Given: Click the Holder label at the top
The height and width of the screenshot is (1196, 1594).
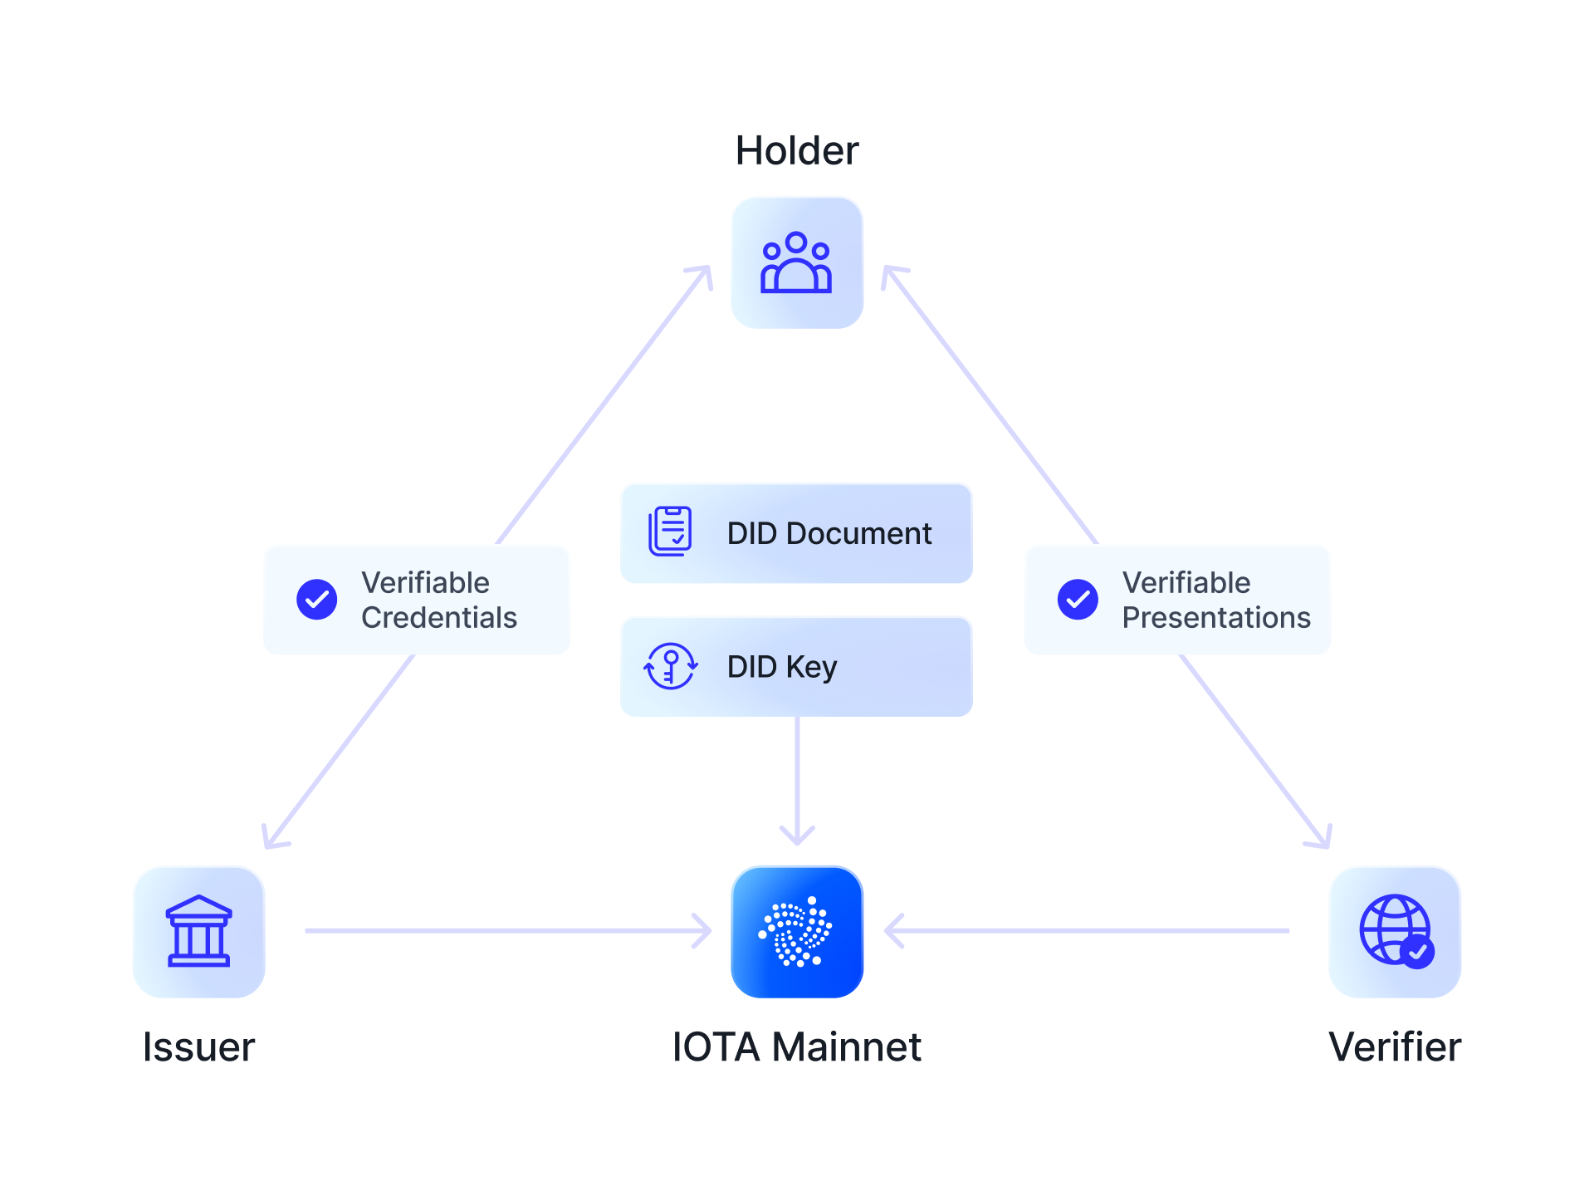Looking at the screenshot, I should [797, 151].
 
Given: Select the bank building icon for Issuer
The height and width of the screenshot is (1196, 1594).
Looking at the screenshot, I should [198, 931].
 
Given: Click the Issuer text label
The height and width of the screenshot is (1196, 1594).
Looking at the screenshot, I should [198, 1046].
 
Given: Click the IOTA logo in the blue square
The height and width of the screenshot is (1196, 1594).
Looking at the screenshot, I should [796, 932].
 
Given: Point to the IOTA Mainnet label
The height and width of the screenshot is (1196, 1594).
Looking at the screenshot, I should [796, 1046].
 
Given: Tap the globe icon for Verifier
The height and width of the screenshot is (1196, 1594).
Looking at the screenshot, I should [1393, 929].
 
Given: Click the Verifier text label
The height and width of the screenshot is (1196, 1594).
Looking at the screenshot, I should [1395, 1046].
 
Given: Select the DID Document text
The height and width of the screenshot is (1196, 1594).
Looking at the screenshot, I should [829, 533].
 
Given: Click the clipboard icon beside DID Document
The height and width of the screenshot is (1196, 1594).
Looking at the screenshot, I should [669, 532].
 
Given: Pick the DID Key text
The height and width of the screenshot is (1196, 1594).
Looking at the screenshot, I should [781, 666].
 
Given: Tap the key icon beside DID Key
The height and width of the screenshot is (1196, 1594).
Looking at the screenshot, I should [670, 666].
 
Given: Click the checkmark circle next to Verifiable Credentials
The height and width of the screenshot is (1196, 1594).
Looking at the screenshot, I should [317, 600].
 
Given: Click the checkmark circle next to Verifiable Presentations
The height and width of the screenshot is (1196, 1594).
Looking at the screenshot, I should [1078, 600].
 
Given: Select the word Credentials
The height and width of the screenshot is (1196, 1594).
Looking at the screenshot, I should [438, 618].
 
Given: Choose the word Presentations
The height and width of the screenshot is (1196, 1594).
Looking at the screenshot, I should [1215, 618].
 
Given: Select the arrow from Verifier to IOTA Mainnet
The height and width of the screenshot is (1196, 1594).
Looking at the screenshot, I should [1088, 931].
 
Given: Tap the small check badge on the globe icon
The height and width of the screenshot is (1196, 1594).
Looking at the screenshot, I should [1417, 952].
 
